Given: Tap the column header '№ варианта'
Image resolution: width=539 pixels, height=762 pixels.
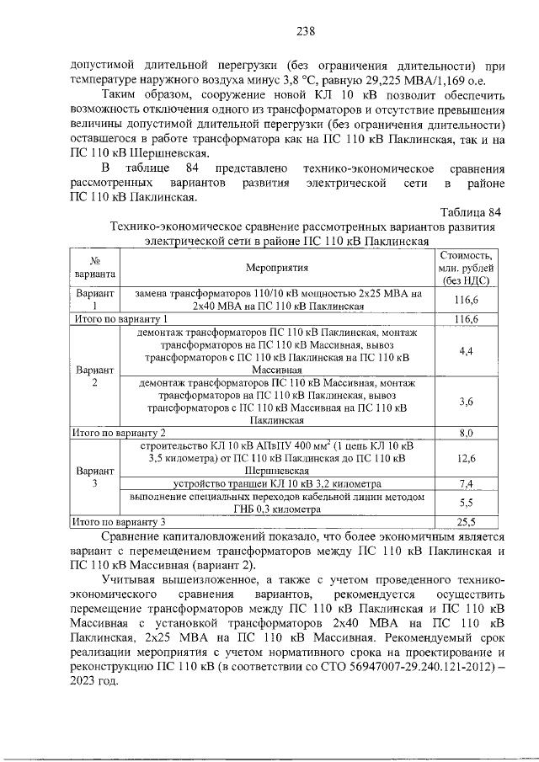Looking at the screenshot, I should point(95,268).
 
